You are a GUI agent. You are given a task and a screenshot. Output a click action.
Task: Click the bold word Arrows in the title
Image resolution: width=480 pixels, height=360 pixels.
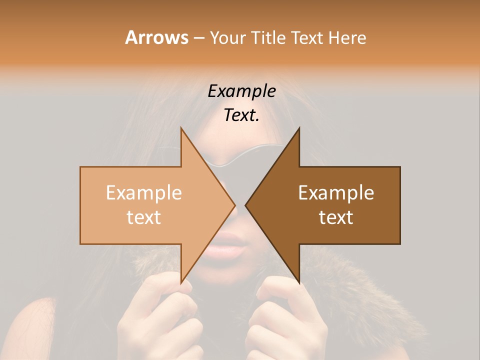point(156,37)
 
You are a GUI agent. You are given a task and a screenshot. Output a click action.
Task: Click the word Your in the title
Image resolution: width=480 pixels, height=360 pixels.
point(226,38)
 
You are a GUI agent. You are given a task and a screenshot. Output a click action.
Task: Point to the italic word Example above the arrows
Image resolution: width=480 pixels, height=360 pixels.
point(241,91)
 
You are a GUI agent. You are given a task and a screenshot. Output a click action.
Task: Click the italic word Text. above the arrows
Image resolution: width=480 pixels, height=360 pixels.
point(241,115)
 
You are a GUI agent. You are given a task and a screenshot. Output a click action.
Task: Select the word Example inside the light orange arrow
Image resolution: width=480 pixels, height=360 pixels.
point(143,193)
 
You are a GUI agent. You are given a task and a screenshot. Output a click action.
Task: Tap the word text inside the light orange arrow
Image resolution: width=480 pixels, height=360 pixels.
point(143,217)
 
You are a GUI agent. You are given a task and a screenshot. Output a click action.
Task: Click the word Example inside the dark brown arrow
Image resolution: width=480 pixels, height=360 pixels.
point(336,193)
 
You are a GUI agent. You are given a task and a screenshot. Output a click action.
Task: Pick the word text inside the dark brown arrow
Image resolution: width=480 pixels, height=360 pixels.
point(336,217)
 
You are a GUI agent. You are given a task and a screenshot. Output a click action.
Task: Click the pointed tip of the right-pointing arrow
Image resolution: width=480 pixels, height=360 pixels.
point(235,205)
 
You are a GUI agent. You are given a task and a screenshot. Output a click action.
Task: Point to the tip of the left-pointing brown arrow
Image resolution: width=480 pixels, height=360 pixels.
point(245,205)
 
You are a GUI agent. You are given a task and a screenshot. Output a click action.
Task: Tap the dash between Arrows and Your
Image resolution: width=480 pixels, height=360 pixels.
point(198,38)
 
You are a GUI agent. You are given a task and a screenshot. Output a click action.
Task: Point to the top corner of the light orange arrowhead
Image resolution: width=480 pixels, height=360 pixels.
point(181,128)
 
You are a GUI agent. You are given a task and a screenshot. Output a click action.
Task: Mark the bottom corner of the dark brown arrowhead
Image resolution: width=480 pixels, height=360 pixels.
point(299,283)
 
